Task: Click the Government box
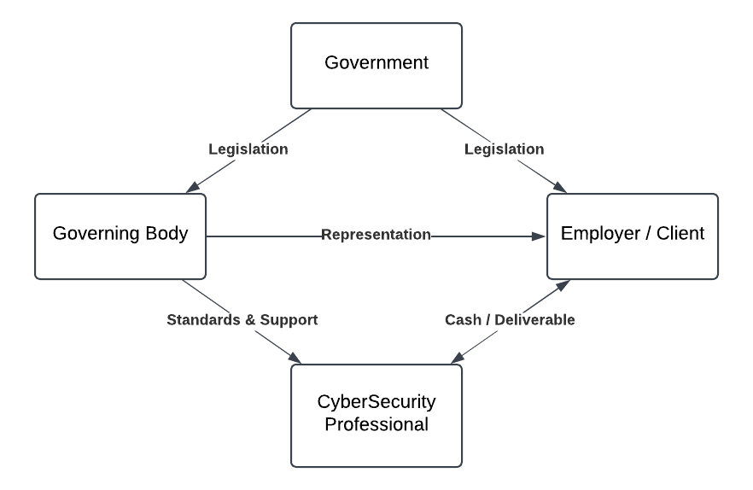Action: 376,65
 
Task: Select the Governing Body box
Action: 120,236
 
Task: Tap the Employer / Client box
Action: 633,236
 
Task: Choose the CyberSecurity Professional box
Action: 376,415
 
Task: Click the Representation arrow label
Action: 376,235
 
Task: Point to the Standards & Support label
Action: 242,320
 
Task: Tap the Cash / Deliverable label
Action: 510,320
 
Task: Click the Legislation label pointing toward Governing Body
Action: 248,149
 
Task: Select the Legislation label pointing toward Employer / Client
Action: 504,149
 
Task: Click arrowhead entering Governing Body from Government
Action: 193,188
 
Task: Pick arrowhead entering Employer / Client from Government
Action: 560,188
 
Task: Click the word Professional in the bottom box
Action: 376,424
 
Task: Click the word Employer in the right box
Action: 596,234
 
